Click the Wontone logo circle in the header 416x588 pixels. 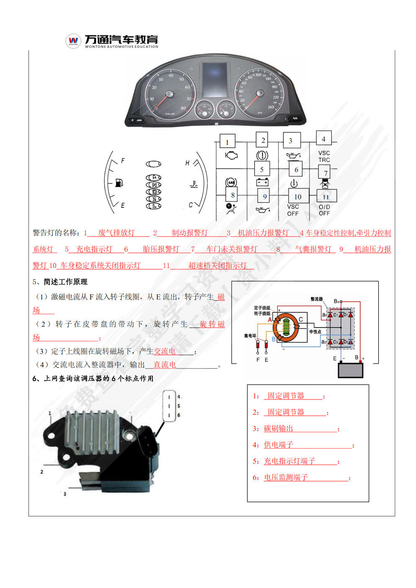(73, 41)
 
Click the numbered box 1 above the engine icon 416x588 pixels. (227, 142)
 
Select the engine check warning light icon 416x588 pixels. (231, 155)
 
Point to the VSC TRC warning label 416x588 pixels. (324, 157)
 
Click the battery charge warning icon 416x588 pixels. (262, 182)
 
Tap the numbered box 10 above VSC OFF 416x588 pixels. (297, 196)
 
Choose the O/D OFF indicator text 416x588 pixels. (324, 210)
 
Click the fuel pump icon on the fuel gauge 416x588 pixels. (119, 183)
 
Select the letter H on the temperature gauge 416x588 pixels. (187, 163)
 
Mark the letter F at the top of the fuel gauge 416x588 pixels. (123, 160)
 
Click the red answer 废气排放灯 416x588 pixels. (116, 233)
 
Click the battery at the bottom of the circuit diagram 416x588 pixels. (350, 370)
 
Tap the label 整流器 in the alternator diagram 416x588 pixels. (316, 299)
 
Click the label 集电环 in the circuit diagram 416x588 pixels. (250, 335)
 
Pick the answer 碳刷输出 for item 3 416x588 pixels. (279, 428)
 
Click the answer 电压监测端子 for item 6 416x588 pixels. (286, 477)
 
